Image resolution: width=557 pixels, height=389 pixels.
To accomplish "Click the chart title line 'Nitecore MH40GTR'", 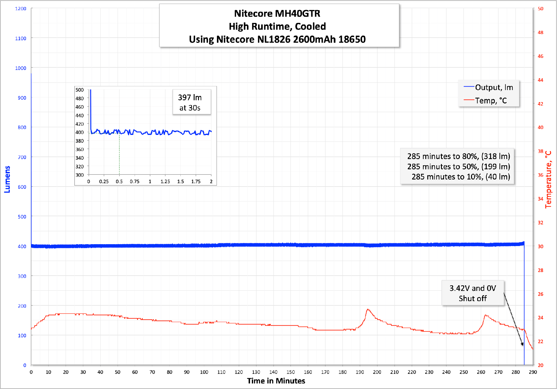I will (277, 14).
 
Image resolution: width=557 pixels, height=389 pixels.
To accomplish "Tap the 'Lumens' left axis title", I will (7, 179).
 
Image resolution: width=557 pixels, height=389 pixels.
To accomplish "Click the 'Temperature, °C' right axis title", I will (548, 179).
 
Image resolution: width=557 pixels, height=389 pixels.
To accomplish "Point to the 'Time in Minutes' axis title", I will (276, 381).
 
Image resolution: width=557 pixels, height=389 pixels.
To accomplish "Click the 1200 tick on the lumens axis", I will (21, 9).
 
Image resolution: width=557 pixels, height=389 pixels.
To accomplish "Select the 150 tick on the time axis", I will (291, 372).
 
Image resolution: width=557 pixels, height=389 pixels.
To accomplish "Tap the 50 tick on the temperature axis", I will (540, 9).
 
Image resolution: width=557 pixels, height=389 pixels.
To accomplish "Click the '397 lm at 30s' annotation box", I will (190, 102).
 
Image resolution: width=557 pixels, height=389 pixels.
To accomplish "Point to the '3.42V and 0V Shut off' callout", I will (473, 293).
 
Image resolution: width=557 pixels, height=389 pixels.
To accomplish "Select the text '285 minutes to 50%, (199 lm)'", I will (458, 166).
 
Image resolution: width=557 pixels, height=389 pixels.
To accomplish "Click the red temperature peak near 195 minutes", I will (368, 309).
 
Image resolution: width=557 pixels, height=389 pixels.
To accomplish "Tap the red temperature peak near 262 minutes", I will (485, 315).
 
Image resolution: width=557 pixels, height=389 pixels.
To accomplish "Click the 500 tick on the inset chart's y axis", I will (80, 90).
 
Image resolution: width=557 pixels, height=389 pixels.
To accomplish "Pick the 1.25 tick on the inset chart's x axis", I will (165, 182).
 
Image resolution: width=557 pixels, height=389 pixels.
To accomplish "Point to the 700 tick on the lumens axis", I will (22, 157).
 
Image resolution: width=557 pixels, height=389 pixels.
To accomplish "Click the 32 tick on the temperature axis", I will (540, 223).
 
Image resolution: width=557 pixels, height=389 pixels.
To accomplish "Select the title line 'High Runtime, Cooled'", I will (277, 27).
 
